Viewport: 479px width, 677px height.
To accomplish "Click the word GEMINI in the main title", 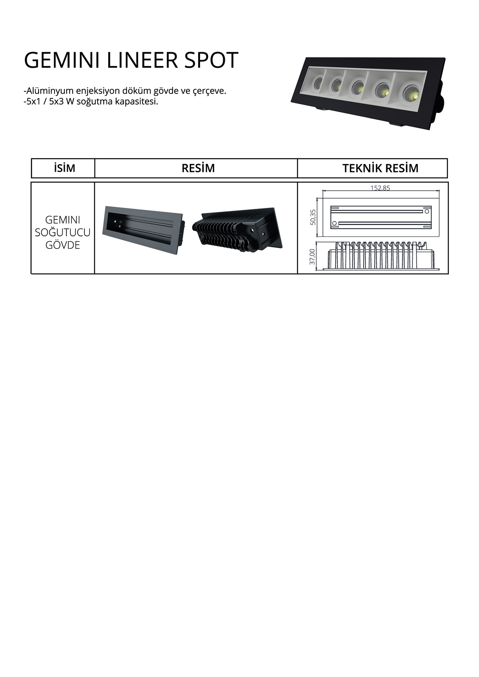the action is click(62, 60).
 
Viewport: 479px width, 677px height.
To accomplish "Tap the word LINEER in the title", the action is click(142, 60).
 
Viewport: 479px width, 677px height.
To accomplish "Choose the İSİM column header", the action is click(64, 168).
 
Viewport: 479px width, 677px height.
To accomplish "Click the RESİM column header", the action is click(198, 168).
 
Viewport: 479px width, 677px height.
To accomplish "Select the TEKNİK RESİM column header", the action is click(380, 168).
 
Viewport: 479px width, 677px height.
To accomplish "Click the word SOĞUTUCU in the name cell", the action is click(63, 232).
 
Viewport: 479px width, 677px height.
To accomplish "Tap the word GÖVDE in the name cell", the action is click(63, 245).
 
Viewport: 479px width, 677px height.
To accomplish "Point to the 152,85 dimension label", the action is click(380, 188).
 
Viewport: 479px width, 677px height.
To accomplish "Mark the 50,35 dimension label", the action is click(313, 217).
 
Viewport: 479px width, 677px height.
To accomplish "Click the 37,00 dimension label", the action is click(312, 257).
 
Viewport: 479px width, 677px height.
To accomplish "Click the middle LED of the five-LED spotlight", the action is click(358, 86).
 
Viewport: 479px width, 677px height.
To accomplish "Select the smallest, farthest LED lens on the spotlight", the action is click(318, 82).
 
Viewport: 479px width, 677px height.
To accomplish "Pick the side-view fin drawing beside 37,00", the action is click(381, 255).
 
